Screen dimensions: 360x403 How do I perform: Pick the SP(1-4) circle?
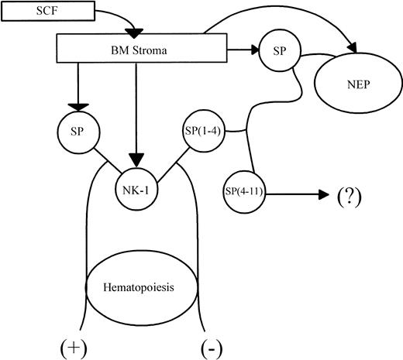coord(202,127)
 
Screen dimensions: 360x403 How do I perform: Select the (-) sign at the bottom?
coord(208,342)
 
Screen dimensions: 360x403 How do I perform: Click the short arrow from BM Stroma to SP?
coord(232,49)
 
